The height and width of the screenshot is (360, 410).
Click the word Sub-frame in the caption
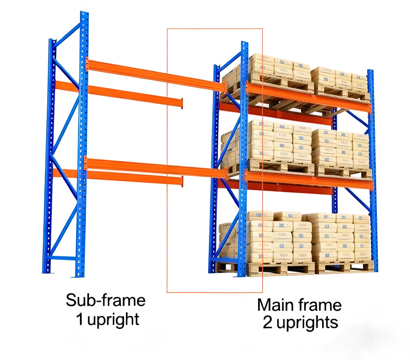coord(105,300)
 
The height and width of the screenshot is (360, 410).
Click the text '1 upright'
coord(107,319)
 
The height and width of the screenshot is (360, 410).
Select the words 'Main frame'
coord(299,305)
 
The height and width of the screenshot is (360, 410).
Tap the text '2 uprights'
coord(300,323)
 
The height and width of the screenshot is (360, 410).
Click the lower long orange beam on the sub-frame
coord(156,168)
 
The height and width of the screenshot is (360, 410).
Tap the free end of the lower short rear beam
coord(181,181)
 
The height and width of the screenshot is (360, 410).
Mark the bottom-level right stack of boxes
coord(339,237)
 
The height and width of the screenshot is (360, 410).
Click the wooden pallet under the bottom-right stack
coord(344,267)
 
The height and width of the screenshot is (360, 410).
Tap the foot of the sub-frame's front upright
coord(79,274)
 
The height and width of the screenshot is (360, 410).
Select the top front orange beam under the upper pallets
coord(307,98)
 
